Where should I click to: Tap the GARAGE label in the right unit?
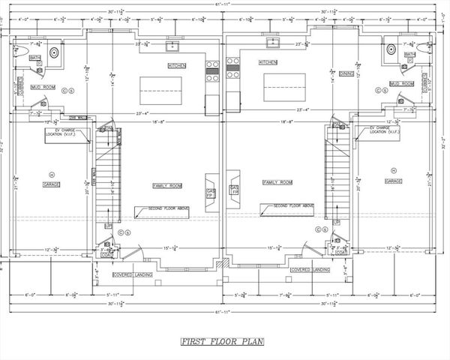point(394,181)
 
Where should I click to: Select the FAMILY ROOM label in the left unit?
point(164,184)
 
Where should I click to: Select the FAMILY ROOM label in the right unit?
point(277,182)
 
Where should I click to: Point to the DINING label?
point(345,73)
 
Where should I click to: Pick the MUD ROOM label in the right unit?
point(402,83)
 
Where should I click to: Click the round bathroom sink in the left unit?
point(53,52)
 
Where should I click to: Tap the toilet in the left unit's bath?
point(20,52)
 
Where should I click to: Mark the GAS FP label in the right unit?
point(234,189)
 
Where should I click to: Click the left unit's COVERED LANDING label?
point(123,274)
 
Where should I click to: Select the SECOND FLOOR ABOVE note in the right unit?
point(293,205)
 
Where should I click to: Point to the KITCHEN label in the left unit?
point(177,66)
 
